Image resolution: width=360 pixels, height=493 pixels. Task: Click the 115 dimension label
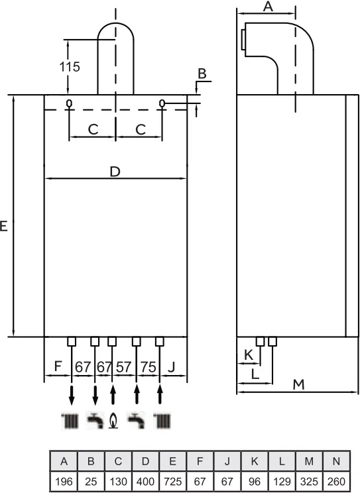[x=70, y=67]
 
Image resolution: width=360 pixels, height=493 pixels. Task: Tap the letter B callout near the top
[x=202, y=74]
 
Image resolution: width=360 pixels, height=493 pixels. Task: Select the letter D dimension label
[x=115, y=172]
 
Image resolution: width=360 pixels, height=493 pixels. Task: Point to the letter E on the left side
[x=3, y=226]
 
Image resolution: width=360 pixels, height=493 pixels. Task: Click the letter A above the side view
[x=268, y=6]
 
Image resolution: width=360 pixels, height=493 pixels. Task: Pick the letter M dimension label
[x=298, y=384]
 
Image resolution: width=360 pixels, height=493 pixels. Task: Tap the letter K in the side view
[x=249, y=355]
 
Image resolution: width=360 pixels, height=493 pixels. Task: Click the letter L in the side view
[x=255, y=374]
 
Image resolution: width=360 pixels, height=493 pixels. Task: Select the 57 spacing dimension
[x=123, y=367]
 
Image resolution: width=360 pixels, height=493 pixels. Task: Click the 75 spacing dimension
[x=149, y=367]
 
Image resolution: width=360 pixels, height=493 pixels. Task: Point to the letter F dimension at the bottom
[x=58, y=366]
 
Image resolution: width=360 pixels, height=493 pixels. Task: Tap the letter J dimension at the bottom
[x=172, y=366]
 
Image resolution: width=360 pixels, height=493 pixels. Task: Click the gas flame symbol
[x=113, y=421]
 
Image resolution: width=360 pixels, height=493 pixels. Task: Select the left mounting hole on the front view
[x=69, y=103]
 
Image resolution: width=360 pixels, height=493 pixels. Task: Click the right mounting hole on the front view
[x=162, y=103]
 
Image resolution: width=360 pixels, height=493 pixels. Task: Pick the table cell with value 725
[x=173, y=481]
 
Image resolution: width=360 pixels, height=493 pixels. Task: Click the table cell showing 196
[x=64, y=481]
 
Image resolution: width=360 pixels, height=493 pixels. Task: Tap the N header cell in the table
[x=336, y=461]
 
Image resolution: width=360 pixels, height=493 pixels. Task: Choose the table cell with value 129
[x=282, y=481]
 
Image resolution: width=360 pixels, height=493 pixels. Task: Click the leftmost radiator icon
[x=70, y=421]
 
